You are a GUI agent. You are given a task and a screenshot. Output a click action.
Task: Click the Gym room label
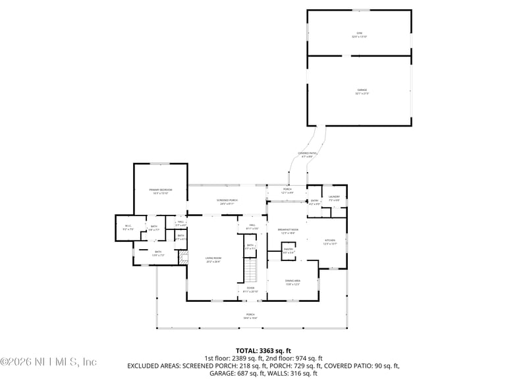[x=359, y=34]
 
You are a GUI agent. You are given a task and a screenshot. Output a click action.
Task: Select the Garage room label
[x=362, y=91]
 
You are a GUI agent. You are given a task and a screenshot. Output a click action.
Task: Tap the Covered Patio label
[x=308, y=154]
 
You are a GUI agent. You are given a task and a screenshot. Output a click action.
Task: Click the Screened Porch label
[x=227, y=202]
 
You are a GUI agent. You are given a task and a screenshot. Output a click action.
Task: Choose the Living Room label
[x=213, y=260]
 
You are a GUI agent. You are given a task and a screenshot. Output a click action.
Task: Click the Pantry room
[x=289, y=250]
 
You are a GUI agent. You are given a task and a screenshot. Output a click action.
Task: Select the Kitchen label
[x=330, y=242]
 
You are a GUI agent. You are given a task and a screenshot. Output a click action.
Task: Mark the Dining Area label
[x=292, y=282]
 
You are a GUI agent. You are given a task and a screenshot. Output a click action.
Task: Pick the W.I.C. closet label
[x=128, y=228]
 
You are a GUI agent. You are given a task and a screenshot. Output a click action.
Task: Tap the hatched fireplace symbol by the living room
[x=184, y=258]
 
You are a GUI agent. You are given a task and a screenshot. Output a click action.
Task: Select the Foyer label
[x=250, y=290]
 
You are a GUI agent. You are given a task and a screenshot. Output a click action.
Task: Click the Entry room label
[x=314, y=202]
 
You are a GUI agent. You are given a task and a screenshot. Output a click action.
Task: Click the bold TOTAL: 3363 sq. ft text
[x=263, y=351]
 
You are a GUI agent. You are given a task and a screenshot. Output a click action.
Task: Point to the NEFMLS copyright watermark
[x=49, y=361]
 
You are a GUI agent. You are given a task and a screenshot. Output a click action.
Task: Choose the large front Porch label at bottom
[x=251, y=316]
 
